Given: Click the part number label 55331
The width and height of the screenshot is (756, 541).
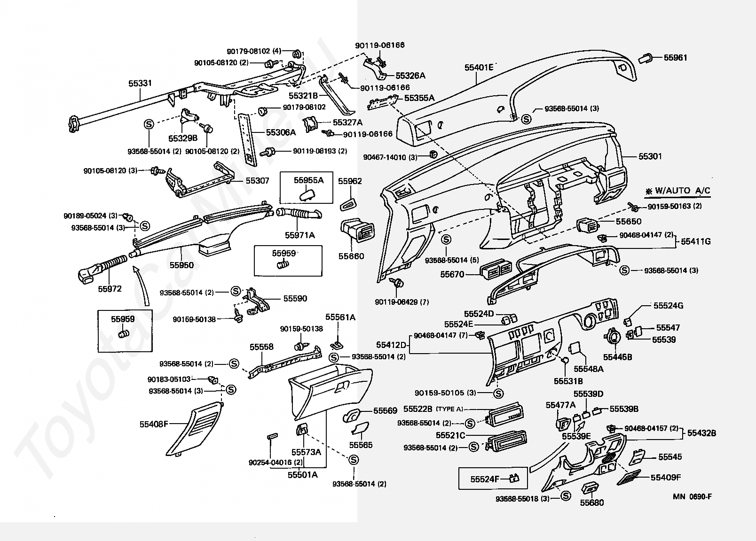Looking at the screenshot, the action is (140, 83).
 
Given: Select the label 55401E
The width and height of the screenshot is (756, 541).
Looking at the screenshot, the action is (479, 68).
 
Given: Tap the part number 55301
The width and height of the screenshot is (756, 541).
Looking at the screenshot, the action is (650, 156).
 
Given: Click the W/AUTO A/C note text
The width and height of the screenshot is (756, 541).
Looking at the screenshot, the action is (679, 191).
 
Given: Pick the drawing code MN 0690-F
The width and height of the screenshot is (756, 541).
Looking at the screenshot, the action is (692, 496).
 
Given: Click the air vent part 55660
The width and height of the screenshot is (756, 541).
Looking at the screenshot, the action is (358, 230).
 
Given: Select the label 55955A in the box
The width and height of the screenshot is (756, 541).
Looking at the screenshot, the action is (308, 180).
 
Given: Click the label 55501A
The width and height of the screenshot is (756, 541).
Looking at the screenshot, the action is (303, 475).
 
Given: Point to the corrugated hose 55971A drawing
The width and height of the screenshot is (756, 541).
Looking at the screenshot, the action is (299, 214).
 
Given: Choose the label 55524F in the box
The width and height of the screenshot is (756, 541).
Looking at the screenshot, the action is (485, 479).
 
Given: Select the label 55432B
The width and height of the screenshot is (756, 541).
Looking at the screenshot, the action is (701, 433).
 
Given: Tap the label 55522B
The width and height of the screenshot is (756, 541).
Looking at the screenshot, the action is (418, 409).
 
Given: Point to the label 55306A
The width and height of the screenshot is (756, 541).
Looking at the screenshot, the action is (281, 132).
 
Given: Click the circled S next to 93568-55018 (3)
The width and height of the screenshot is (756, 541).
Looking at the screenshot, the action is (566, 495).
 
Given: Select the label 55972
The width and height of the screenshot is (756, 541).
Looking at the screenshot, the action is (110, 289).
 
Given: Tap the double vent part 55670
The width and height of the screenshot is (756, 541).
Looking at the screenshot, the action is (496, 270).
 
